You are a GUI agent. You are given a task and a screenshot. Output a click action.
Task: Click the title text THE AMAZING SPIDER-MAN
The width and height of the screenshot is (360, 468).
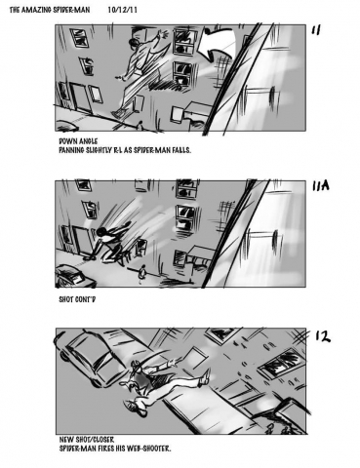[50, 10]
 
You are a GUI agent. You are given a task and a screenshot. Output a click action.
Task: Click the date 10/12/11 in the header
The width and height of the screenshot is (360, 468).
[122, 10]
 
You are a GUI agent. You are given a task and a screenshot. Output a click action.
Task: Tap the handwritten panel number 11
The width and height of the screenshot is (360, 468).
[316, 30]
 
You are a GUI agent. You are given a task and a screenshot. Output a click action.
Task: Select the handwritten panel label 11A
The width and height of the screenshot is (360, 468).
[321, 185]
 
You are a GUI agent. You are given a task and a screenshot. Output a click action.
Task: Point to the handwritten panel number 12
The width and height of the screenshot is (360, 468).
[323, 336]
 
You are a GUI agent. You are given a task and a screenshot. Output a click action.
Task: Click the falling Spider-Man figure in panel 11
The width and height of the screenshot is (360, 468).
[140, 75]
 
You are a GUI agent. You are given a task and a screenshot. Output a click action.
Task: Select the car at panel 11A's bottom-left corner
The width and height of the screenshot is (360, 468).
[74, 277]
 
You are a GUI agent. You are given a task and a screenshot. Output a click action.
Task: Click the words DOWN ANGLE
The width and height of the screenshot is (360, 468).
[78, 141]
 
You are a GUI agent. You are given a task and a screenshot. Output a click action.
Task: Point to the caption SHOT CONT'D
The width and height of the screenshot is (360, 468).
[77, 299]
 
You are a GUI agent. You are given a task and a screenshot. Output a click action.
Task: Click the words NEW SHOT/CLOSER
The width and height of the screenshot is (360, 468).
[87, 440]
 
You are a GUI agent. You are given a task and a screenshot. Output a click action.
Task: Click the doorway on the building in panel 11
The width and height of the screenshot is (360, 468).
[81, 97]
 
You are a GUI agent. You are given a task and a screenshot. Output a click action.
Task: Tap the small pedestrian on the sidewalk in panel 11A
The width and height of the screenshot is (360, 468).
[141, 272]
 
